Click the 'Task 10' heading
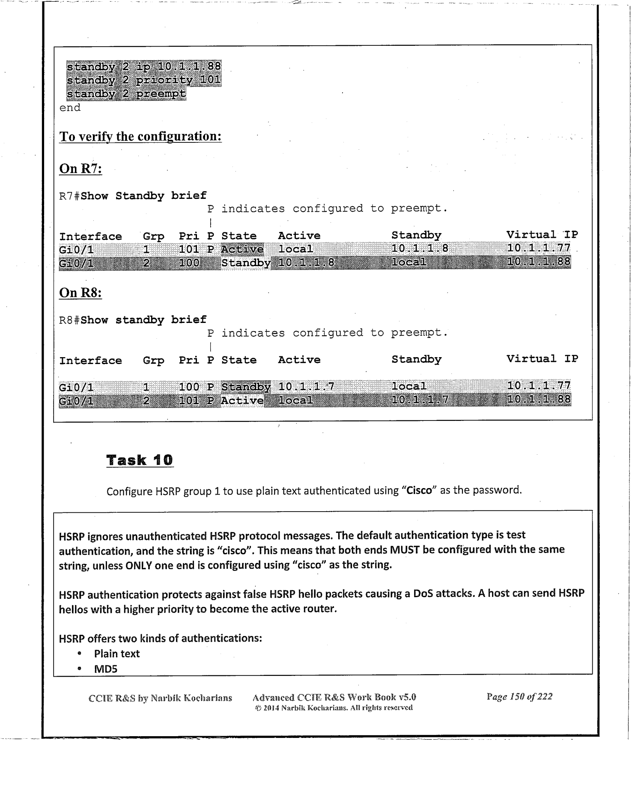tap(140, 460)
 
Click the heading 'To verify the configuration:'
tap(140, 136)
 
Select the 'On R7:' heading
tap(80, 169)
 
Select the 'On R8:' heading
tap(80, 293)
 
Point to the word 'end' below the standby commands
tap(70, 108)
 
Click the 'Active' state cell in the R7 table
tap(242, 249)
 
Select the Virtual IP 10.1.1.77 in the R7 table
tap(539, 248)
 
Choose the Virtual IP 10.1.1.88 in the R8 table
tap(539, 400)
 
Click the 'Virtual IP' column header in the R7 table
tap(542, 235)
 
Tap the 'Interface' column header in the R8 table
tap(90, 361)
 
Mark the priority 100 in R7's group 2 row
tap(189, 263)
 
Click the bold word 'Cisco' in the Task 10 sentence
tap(419, 491)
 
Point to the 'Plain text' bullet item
tap(117, 654)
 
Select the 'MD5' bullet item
tap(106, 669)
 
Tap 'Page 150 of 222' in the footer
tap(519, 697)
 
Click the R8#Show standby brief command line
tap(133, 320)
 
